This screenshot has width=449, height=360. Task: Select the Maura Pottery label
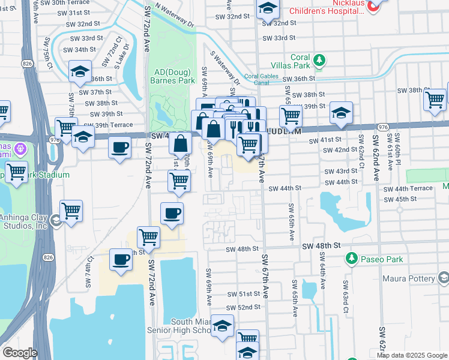(x=412, y=279)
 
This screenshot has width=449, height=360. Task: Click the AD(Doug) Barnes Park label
(x=172, y=76)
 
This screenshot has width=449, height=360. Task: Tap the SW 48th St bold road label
(x=321, y=246)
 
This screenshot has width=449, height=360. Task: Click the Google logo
(x=20, y=353)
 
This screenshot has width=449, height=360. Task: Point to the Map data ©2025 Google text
(x=412, y=355)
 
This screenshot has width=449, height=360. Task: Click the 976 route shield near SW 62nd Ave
(x=384, y=127)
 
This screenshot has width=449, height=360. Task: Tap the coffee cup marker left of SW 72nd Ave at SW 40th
(x=120, y=147)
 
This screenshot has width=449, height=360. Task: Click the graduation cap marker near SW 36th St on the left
(x=80, y=72)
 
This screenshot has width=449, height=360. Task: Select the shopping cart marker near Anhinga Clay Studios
(x=71, y=211)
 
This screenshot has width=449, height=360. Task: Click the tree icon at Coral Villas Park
(x=320, y=60)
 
